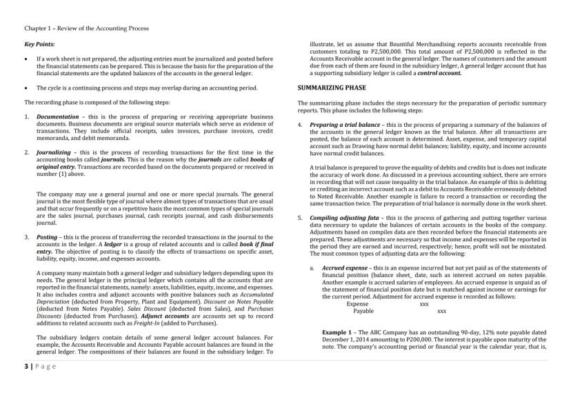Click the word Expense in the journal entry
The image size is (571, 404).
point(357,303)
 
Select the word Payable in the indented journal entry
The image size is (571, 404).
point(363,311)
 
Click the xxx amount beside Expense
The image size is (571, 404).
point(424,303)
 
